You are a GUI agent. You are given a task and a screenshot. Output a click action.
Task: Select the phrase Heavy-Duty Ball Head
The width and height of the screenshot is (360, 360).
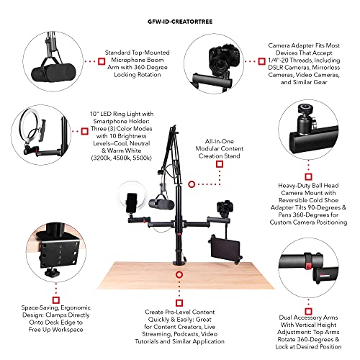(310, 185)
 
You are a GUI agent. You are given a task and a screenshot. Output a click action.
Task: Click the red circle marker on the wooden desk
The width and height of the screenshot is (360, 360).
(175, 272)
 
